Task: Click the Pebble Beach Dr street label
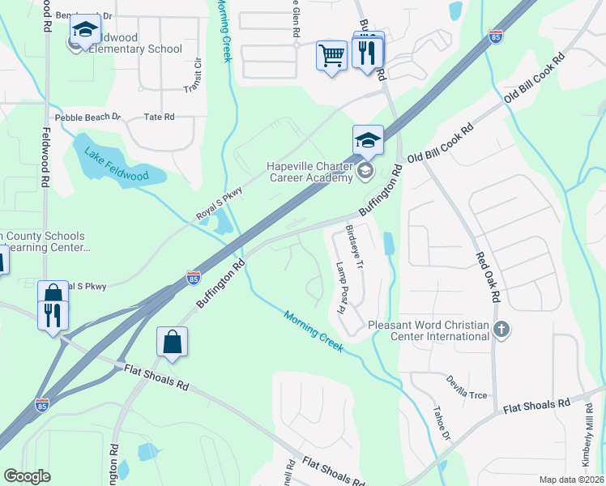87,117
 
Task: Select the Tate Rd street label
159,117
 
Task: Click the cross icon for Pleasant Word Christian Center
502,329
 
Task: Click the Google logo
28,476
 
